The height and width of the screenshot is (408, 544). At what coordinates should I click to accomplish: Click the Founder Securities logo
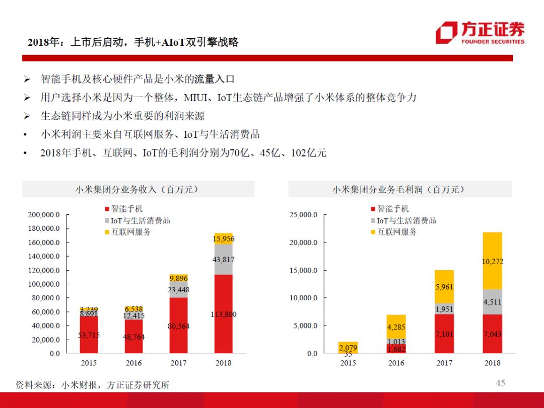tap(480, 33)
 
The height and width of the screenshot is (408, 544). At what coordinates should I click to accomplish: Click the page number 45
tap(500, 383)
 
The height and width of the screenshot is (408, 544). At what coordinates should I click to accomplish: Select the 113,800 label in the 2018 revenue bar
tap(223, 314)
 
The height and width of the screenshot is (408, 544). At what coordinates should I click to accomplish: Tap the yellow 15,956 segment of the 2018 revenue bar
tap(223, 239)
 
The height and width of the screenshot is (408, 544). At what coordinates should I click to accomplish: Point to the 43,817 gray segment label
tap(223, 260)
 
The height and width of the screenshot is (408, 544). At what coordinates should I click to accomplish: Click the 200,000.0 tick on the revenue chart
tap(43, 215)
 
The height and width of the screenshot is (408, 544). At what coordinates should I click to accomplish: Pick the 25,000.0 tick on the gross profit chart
tap(303, 215)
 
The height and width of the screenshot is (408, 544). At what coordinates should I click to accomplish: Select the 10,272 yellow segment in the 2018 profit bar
tap(493, 262)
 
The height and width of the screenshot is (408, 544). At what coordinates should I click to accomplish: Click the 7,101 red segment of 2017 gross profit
tap(444, 334)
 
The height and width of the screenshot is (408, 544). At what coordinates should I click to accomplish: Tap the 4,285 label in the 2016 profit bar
tap(395, 327)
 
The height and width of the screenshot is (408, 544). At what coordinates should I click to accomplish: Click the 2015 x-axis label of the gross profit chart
tap(348, 363)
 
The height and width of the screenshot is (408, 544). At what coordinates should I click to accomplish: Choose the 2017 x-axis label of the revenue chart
tap(178, 363)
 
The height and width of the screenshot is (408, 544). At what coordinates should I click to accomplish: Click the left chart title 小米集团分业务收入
tap(137, 190)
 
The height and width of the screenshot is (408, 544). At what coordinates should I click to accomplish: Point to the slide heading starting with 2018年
tap(133, 42)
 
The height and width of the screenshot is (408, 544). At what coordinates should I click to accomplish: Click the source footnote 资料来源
tap(93, 385)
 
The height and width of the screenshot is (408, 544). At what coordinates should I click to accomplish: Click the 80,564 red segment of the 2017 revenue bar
tap(178, 326)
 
